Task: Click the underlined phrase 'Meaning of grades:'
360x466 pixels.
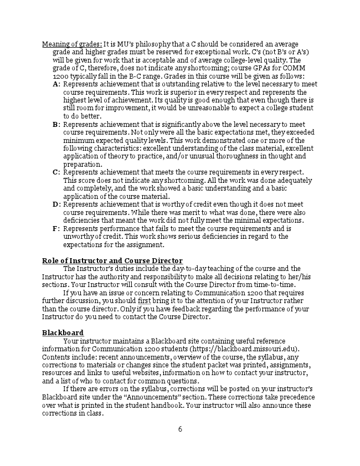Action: click(72, 44)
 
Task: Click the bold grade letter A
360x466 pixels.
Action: click(55, 84)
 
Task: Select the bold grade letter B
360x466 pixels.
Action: click(55, 125)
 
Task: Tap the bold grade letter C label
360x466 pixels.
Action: click(55, 172)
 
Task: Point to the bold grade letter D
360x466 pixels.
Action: click(55, 204)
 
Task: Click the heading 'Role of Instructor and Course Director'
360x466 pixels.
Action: click(112, 261)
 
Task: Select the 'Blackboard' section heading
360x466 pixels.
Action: click(63, 332)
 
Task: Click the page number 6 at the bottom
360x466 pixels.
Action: click(180, 429)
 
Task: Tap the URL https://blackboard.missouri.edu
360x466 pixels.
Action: click(245, 349)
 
